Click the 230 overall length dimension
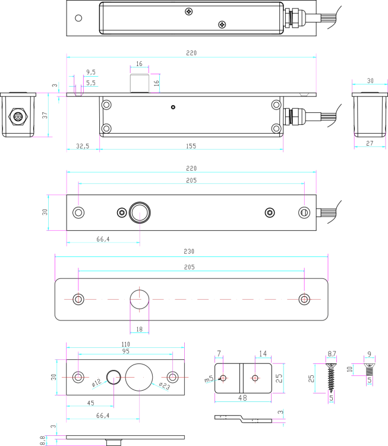point(189,252)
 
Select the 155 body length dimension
point(191,146)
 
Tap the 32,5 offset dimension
point(83,146)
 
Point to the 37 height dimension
point(45,115)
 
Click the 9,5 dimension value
point(91,72)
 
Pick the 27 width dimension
point(370,143)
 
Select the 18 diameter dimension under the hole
point(139,329)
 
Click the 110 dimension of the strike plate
point(125,344)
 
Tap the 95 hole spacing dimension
point(125,351)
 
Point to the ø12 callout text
point(96,382)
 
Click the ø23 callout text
point(165,386)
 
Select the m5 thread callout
point(209,379)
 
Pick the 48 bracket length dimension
point(242,398)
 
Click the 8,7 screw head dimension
point(332,354)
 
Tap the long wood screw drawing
point(331,378)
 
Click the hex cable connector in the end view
point(18,117)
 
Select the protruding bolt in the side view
point(139,83)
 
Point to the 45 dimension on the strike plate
point(90,403)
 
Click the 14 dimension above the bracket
point(263,354)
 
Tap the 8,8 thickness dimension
point(42,440)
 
